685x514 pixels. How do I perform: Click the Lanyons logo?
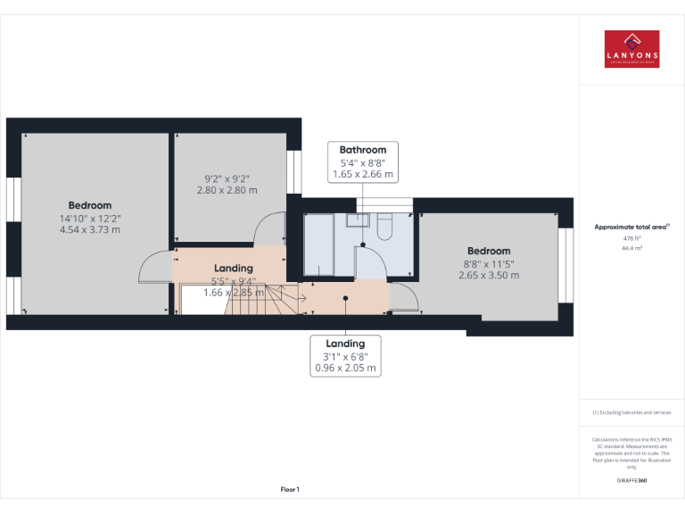coord(631,50)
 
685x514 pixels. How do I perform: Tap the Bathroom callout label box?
coord(363,162)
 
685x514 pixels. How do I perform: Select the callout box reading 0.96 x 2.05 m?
coord(345,355)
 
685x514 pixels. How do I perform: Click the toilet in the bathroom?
coord(384,228)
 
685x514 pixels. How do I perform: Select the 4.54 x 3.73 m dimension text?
coord(90,230)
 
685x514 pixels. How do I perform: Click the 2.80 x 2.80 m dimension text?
coord(227,190)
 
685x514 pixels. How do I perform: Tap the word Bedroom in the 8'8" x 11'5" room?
coord(489,251)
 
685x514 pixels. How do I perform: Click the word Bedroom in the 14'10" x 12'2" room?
coord(90,205)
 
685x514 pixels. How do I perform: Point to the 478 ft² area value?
coord(631,238)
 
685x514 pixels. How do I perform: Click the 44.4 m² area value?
coord(631,248)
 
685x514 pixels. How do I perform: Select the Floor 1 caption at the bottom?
coord(290,489)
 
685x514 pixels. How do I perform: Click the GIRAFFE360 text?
coord(631,481)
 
